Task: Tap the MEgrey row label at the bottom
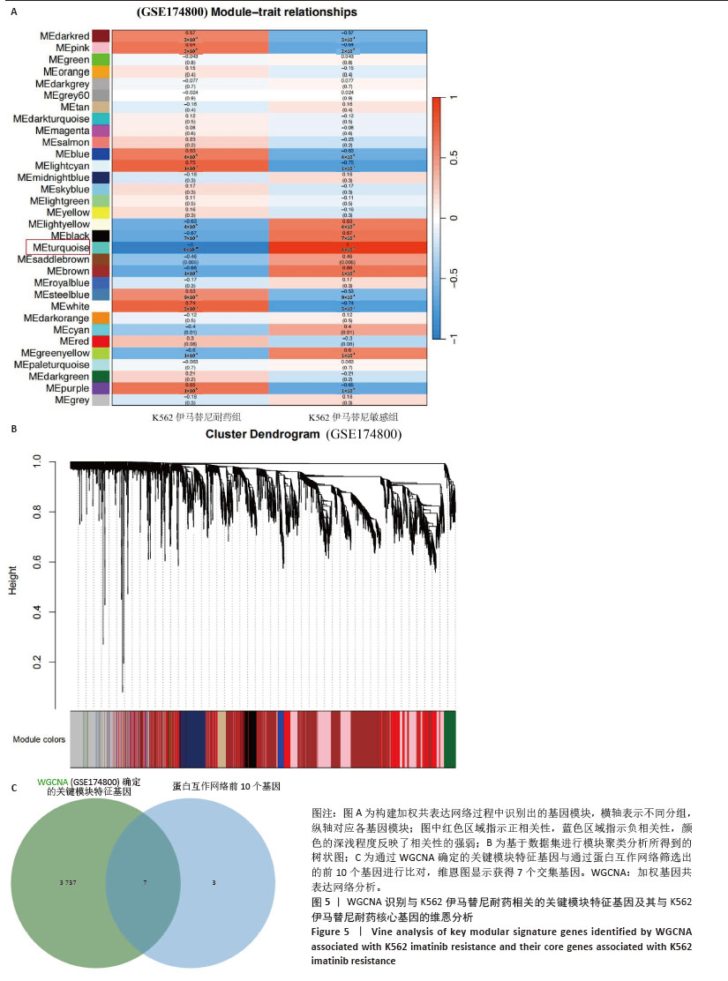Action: point(70,400)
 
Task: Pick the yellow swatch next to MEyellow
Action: point(101,213)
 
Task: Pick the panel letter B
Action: point(13,430)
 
